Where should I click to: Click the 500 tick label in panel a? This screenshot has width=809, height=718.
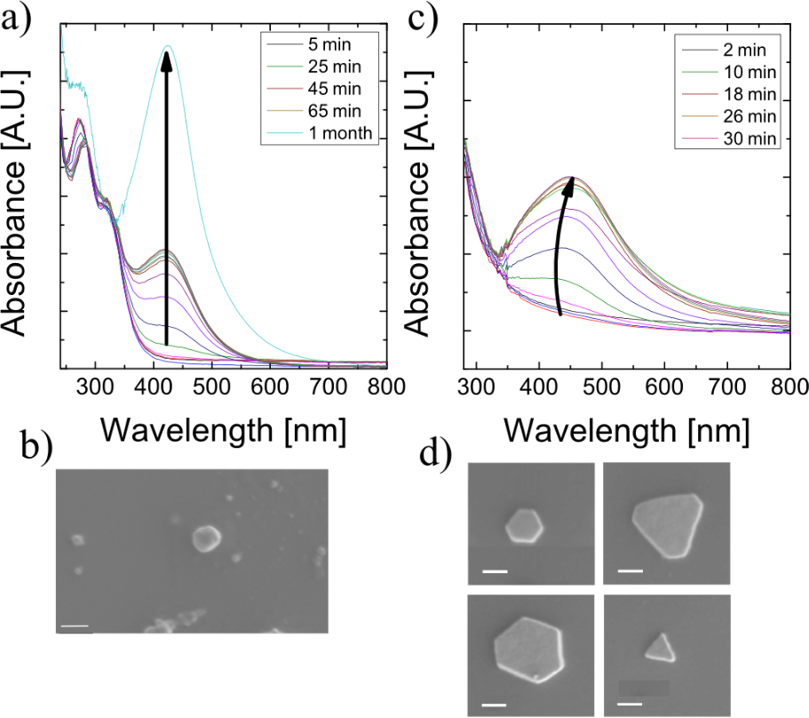click(211, 387)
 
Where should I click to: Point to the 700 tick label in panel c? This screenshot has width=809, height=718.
click(663, 388)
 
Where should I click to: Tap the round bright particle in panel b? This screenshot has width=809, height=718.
click(207, 537)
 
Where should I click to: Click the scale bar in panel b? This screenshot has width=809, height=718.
click(75, 627)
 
